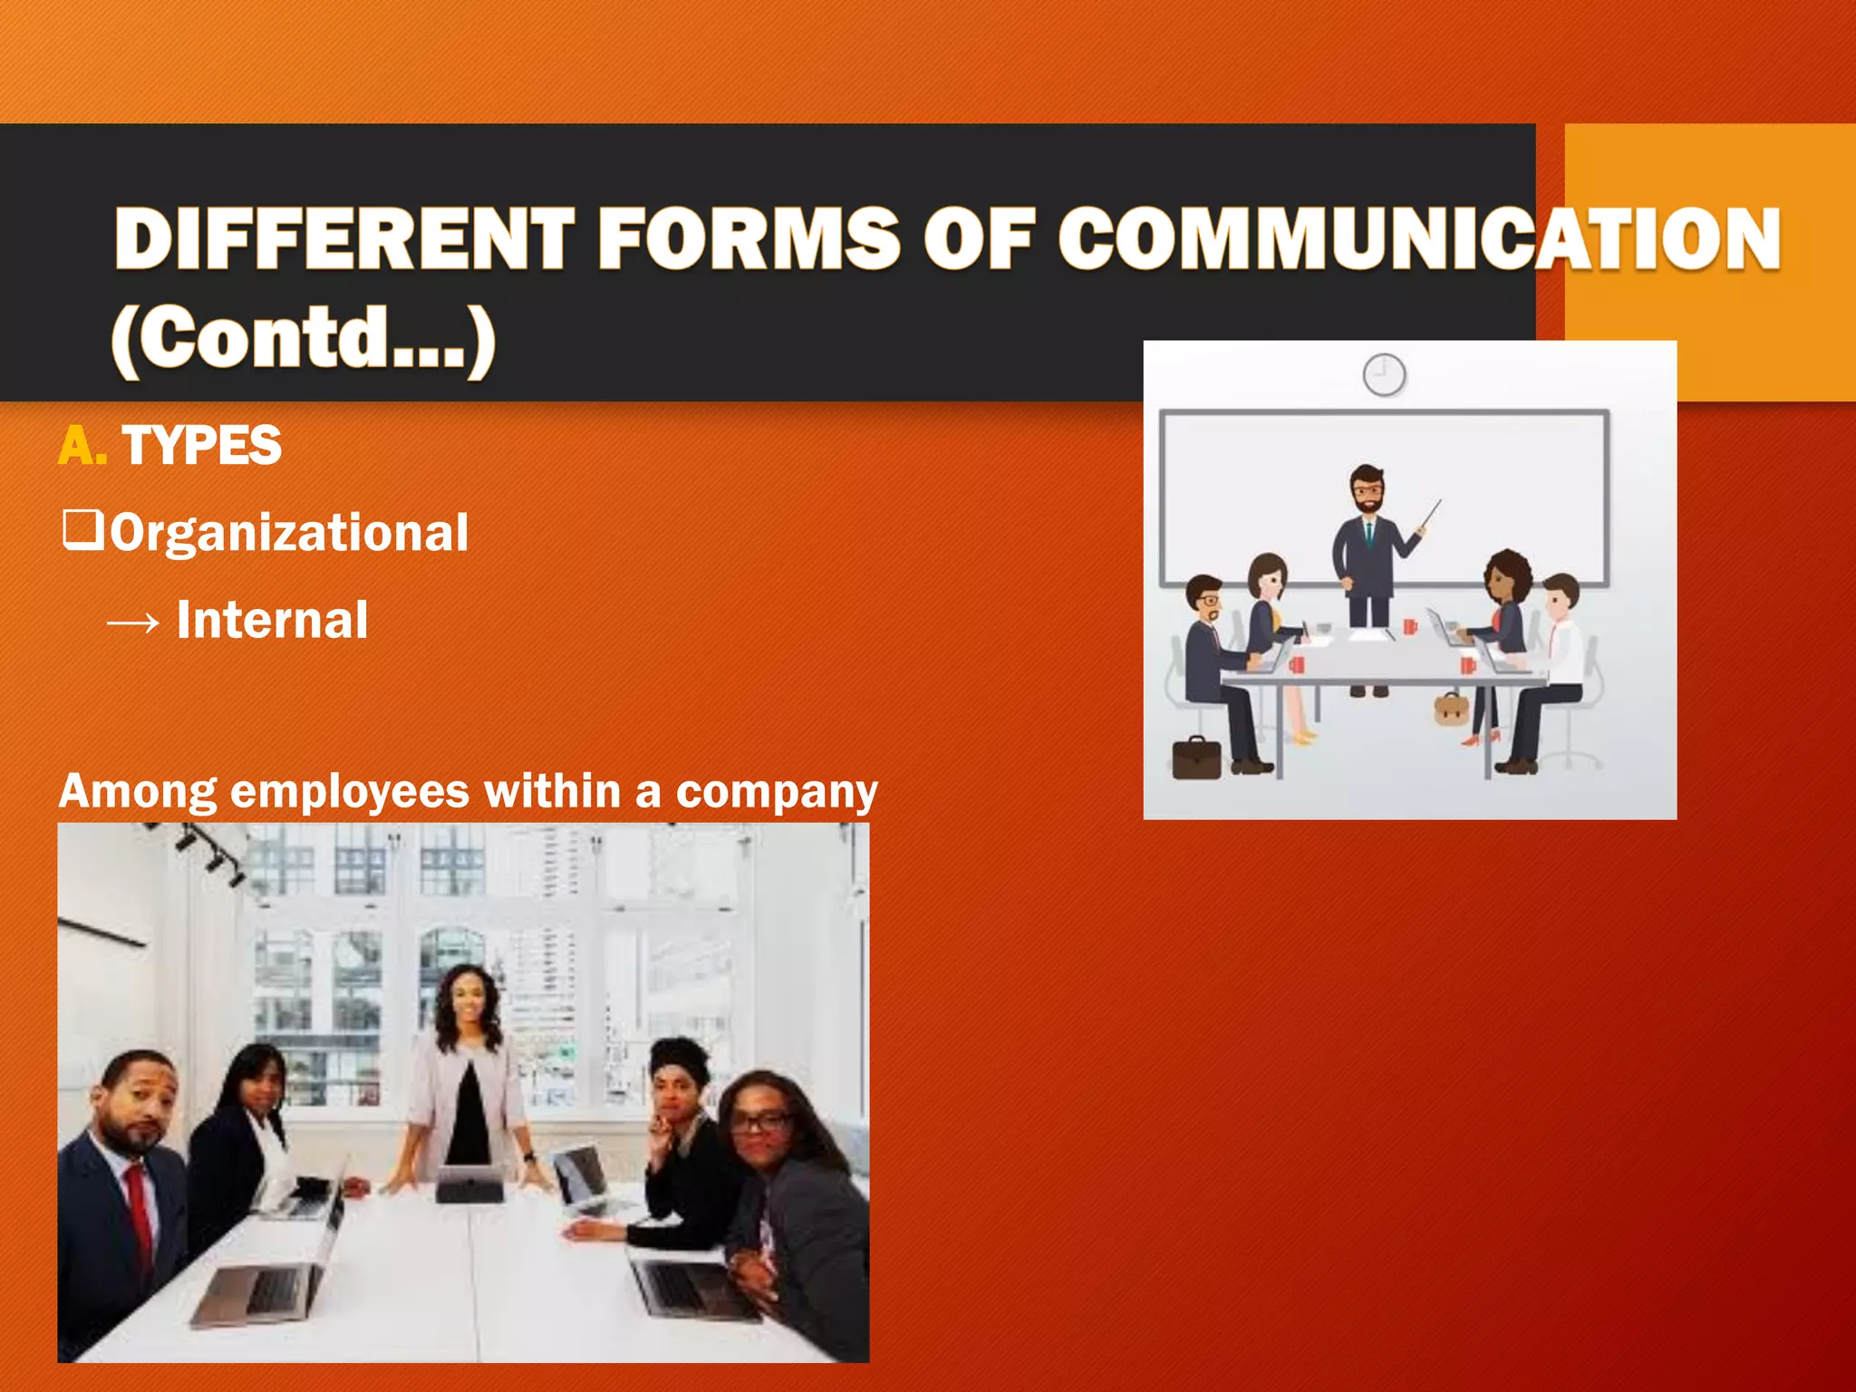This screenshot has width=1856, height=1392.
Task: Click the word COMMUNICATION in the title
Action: (x=1419, y=238)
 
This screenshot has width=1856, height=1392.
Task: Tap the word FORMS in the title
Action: (x=749, y=238)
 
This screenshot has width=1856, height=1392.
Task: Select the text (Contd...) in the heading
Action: (x=304, y=338)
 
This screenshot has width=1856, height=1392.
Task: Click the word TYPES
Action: (x=201, y=446)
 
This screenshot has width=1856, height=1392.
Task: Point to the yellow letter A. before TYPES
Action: (x=82, y=446)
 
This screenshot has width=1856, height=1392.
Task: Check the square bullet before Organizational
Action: (x=82, y=530)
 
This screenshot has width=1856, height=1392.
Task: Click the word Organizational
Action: (x=290, y=532)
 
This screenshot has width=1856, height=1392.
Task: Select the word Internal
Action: (x=272, y=621)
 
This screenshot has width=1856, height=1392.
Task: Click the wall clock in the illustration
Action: (x=1384, y=374)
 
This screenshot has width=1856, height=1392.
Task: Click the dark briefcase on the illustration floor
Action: (x=1196, y=758)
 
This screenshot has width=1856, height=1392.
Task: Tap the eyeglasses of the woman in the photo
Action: (x=759, y=1122)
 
